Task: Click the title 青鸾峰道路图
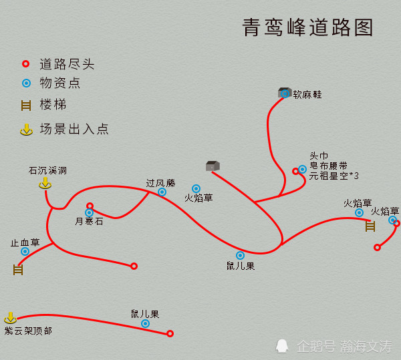click(x=307, y=27)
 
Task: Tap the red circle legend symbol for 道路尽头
click(x=25, y=63)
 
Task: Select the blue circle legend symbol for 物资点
click(x=26, y=83)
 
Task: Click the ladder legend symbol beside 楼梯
click(x=26, y=106)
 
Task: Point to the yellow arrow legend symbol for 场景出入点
click(x=26, y=130)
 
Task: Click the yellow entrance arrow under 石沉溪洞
click(x=45, y=184)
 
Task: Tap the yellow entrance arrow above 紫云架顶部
click(x=11, y=317)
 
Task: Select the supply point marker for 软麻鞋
click(x=285, y=94)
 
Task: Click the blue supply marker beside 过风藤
click(x=162, y=192)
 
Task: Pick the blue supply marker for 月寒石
click(x=89, y=212)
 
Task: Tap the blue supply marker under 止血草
click(x=25, y=251)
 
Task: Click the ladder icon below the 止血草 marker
click(x=18, y=270)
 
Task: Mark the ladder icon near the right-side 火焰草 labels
click(x=370, y=226)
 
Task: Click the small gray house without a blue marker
click(x=213, y=166)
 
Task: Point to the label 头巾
click(x=319, y=156)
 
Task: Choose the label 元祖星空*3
click(x=333, y=176)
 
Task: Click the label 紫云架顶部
click(x=28, y=331)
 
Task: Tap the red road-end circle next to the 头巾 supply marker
click(x=295, y=171)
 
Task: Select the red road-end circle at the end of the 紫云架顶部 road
click(x=170, y=333)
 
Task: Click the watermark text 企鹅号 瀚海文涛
click(x=344, y=347)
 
